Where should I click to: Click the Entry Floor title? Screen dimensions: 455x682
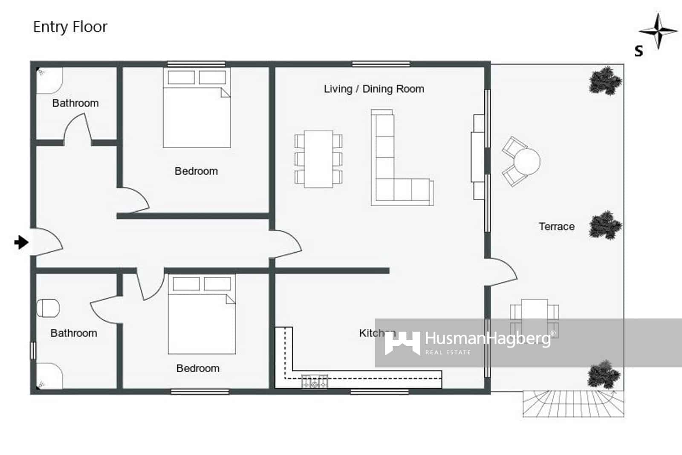(70, 27)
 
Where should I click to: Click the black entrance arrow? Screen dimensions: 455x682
(21, 242)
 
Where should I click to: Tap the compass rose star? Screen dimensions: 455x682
(658, 31)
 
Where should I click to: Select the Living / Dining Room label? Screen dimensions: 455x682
(374, 89)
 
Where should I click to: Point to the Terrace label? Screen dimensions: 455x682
(556, 226)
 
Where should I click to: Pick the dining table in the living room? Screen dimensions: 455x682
(318, 159)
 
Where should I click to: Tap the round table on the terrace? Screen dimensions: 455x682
(527, 161)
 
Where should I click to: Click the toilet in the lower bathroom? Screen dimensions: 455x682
(48, 308)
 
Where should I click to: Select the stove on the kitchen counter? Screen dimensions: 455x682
(315, 381)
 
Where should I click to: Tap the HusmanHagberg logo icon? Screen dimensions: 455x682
(402, 343)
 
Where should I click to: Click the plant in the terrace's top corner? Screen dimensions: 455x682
(605, 80)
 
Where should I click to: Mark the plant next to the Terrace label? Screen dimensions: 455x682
(605, 225)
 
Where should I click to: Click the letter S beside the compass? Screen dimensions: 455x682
(639, 51)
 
